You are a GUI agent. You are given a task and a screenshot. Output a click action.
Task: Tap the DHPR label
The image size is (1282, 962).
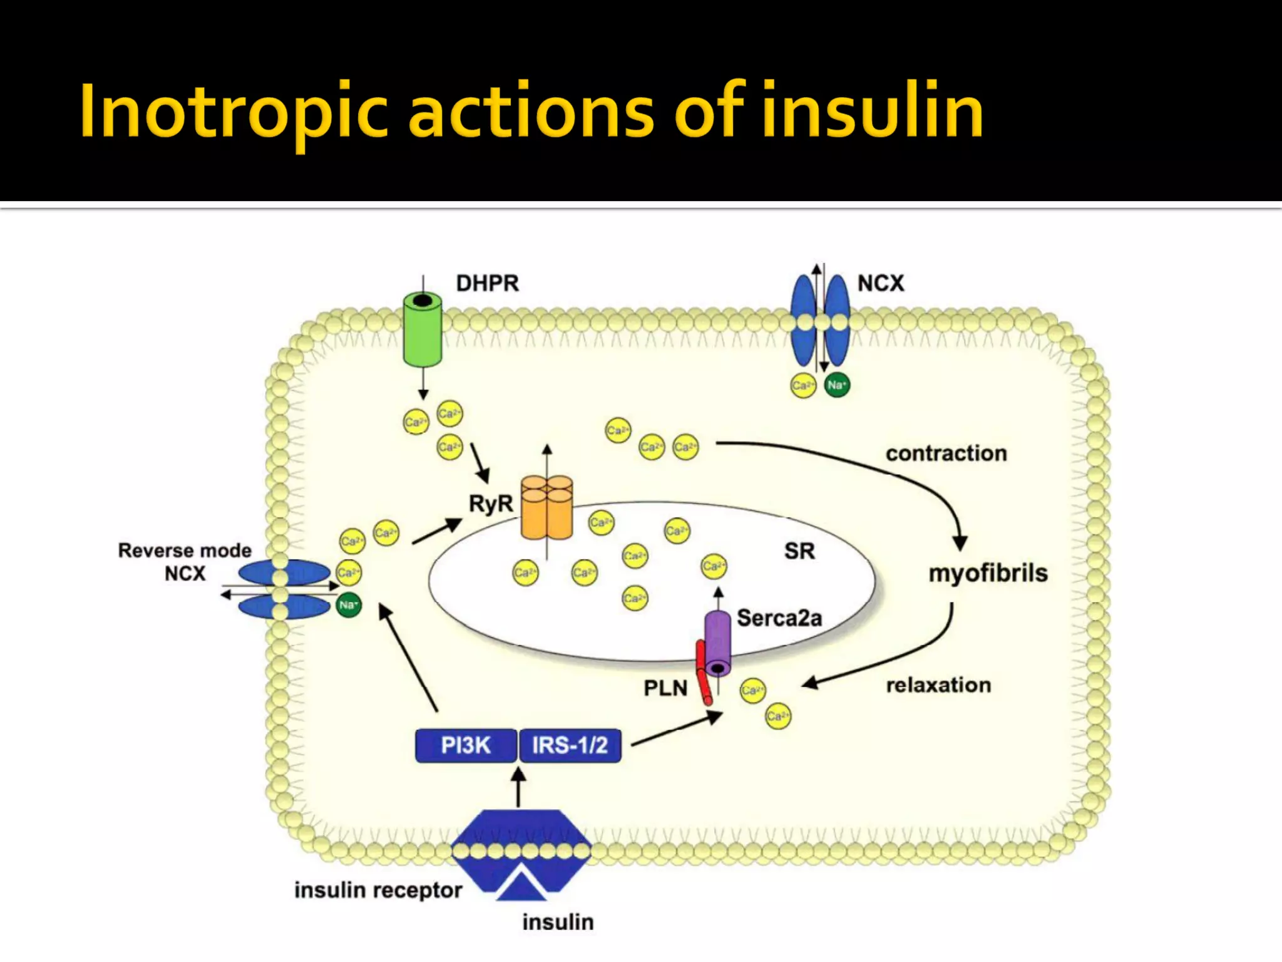(x=487, y=283)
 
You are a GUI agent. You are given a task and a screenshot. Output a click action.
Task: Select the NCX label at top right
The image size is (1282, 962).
(x=880, y=283)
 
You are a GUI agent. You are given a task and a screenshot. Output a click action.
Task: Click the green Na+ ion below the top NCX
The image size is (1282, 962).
(x=837, y=385)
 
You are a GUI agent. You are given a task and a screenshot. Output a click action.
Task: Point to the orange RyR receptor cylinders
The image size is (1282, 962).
(x=546, y=507)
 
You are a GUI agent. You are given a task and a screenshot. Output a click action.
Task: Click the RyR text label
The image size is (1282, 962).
(x=490, y=504)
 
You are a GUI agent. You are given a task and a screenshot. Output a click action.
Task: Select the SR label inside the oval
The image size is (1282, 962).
(x=799, y=551)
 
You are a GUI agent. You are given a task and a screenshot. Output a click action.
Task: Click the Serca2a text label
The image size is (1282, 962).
(x=779, y=618)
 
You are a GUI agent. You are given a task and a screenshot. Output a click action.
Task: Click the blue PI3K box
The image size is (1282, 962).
(x=466, y=745)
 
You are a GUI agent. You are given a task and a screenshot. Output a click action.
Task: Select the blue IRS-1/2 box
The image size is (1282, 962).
(x=570, y=745)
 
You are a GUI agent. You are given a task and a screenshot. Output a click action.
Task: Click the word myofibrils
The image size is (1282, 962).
(x=987, y=573)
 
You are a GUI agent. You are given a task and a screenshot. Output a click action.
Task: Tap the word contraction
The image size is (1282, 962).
(x=946, y=453)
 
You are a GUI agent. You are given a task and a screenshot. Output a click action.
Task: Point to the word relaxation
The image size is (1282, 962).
(x=938, y=685)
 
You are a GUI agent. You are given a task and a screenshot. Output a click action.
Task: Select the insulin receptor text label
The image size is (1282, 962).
(x=378, y=890)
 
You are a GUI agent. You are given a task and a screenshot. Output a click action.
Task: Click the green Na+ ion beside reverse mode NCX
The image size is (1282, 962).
(x=349, y=605)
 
